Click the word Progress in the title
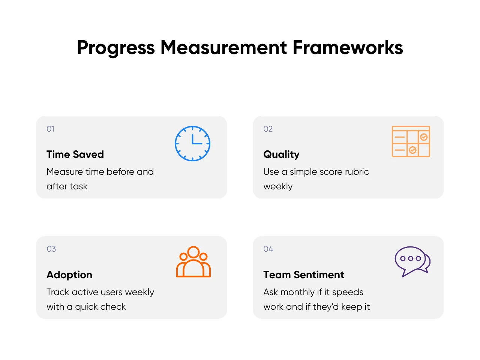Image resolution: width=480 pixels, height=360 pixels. click(115, 48)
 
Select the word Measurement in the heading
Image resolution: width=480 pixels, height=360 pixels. click(223, 47)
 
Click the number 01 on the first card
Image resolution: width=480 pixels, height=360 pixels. click(50, 129)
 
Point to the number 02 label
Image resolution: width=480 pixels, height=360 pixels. click(268, 129)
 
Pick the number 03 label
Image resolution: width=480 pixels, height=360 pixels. click(51, 249)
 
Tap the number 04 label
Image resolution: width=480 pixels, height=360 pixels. click(268, 249)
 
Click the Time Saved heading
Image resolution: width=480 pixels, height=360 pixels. click(75, 154)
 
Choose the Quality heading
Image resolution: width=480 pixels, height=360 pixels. click(281, 155)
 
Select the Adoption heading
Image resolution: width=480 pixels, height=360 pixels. click(69, 275)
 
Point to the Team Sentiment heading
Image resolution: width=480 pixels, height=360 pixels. click(303, 275)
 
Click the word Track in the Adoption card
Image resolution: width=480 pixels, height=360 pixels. click(58, 292)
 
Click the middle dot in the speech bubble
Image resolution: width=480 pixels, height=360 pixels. click(411, 259)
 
